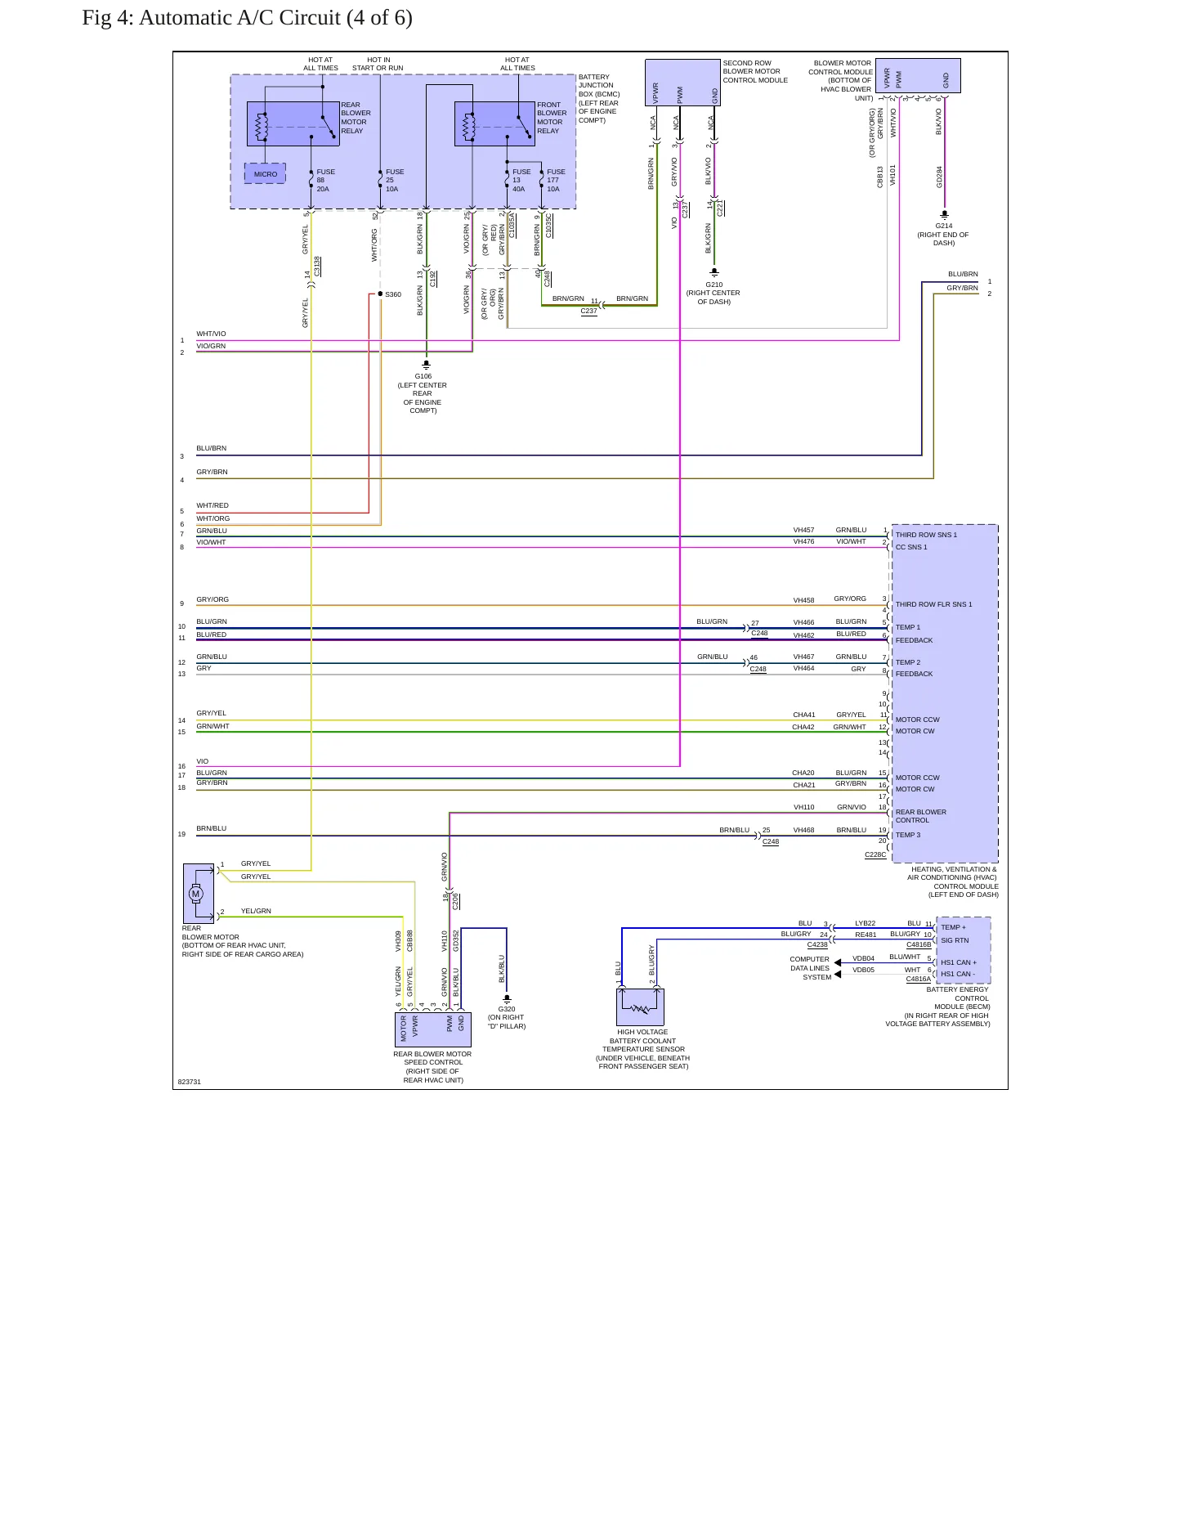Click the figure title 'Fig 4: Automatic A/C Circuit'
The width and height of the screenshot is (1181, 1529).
(x=211, y=18)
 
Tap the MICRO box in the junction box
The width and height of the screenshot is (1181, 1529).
(x=265, y=173)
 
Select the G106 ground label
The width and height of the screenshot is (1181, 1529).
(x=423, y=377)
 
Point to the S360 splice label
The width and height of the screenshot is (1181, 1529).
(x=393, y=294)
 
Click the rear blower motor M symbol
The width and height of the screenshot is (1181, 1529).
(x=195, y=894)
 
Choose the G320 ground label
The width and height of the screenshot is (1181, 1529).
(x=507, y=1009)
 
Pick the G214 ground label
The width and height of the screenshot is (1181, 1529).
(x=944, y=226)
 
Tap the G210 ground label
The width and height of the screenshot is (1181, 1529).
(x=714, y=285)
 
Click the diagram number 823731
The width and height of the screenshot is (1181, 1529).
(x=190, y=1082)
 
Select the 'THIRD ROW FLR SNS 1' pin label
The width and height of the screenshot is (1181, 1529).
(x=933, y=604)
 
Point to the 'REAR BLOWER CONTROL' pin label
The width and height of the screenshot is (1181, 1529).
(x=921, y=816)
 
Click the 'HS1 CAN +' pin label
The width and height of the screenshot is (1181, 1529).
(x=959, y=962)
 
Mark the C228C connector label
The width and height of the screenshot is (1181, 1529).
(x=875, y=854)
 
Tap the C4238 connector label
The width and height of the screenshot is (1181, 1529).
(x=817, y=944)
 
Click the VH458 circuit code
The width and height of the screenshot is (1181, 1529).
(x=803, y=600)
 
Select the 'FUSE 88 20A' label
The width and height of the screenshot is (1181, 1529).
(x=325, y=180)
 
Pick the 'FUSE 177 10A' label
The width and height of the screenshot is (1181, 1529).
(x=556, y=180)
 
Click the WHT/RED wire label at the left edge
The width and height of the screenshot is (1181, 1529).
(x=212, y=505)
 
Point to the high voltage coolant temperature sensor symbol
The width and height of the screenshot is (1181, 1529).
(x=640, y=1007)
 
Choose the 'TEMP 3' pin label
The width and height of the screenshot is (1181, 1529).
(x=907, y=835)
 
